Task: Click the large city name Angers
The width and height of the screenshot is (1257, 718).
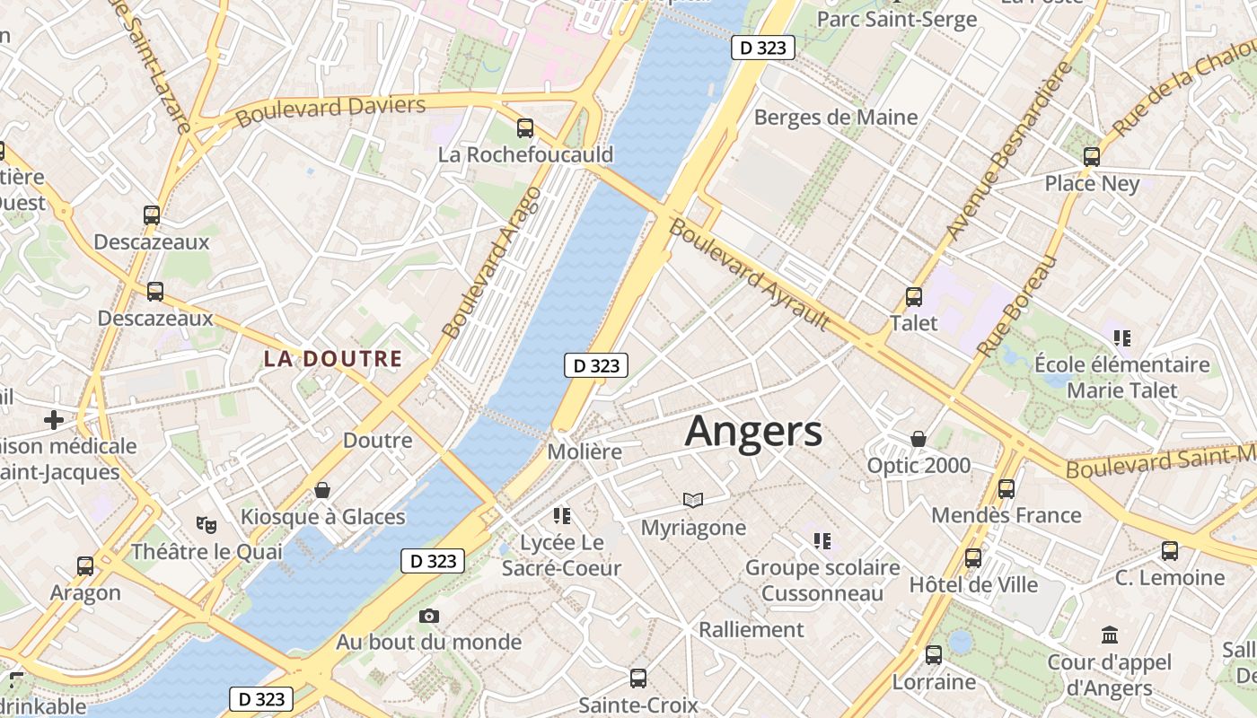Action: coord(753,432)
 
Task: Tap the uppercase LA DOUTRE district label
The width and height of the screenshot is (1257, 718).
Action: coord(332,359)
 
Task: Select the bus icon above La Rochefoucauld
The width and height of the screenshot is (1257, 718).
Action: coord(525,128)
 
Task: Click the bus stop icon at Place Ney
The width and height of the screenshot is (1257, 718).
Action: coord(1092,157)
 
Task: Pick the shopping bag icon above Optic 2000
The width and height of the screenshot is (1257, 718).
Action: coord(919,439)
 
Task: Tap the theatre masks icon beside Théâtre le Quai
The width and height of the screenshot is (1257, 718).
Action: coord(207,524)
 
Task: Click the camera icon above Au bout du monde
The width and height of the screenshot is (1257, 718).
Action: coord(429,616)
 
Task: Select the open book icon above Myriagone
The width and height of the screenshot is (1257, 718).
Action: coord(692,500)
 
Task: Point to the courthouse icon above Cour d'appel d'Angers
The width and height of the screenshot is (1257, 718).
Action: coord(1110,635)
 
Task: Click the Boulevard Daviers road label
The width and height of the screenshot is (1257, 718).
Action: coord(330,109)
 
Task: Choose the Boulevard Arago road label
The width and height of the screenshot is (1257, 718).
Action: coord(493,262)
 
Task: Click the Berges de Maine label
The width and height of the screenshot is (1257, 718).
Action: coord(836,117)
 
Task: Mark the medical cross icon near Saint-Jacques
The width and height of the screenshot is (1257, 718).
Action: coord(54,419)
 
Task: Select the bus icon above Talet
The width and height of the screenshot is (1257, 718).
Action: coord(914,296)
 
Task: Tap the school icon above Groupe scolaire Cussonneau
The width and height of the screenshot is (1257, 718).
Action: coord(822,540)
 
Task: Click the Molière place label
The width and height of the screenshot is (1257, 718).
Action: coord(585,451)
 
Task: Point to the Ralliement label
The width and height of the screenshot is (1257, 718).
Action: coord(752,629)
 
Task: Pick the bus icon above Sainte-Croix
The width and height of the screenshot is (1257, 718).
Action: coord(638,678)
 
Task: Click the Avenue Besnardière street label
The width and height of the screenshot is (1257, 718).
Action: coord(1009,151)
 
